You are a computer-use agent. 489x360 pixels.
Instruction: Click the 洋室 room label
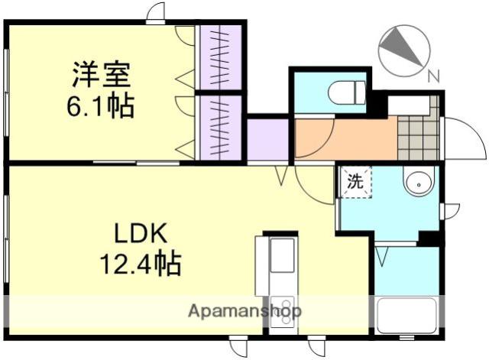click(x=102, y=75)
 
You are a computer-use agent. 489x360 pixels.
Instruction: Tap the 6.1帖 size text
click(x=100, y=105)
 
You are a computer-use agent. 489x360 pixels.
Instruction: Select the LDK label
click(x=141, y=233)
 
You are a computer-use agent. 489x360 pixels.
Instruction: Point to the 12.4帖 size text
click(x=141, y=264)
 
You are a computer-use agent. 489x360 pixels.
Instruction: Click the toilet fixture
click(x=346, y=92)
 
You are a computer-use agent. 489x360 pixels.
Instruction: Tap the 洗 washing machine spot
click(x=355, y=182)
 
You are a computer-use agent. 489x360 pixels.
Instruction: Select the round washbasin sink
click(x=418, y=181)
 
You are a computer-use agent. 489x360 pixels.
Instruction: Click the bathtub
click(x=406, y=316)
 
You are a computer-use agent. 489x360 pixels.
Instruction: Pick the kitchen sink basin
click(x=282, y=255)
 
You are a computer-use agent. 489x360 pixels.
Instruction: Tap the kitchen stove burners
click(x=282, y=312)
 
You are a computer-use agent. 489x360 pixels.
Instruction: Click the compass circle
click(x=404, y=51)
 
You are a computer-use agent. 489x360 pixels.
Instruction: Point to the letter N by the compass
click(x=433, y=76)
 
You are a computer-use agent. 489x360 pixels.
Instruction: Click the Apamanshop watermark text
click(x=244, y=311)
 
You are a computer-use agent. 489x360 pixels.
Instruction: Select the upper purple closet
click(x=221, y=57)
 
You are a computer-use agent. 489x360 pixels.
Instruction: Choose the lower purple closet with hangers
click(x=221, y=128)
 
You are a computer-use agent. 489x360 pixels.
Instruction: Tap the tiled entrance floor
click(x=419, y=138)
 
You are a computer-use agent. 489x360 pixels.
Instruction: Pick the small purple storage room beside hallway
click(x=268, y=140)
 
